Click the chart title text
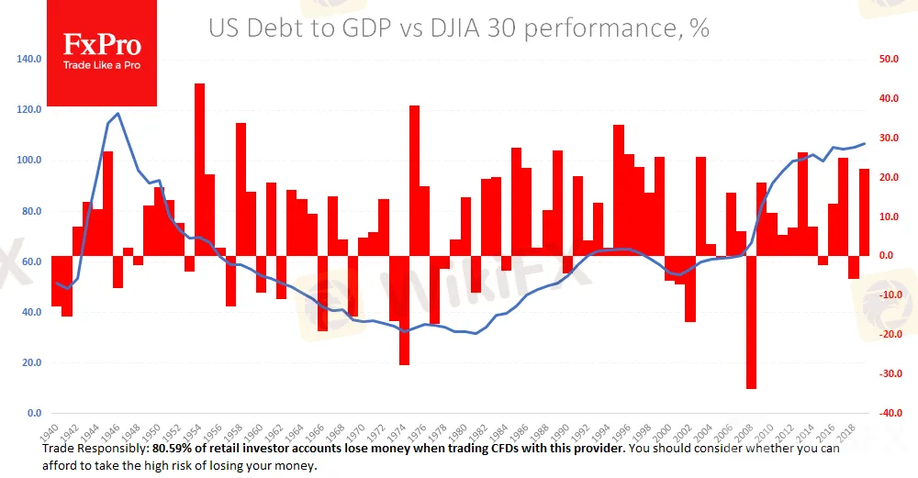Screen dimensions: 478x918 pos(459,28)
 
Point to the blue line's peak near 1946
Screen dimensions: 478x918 pos(118,114)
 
